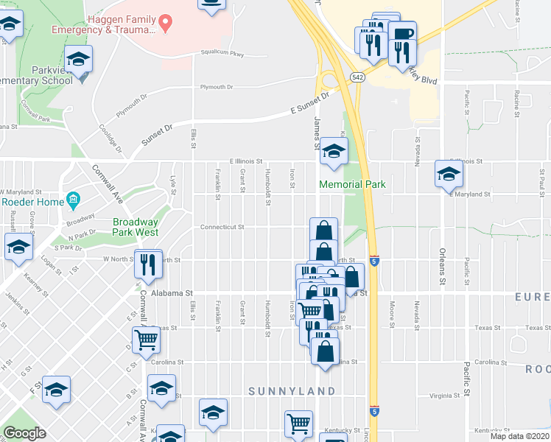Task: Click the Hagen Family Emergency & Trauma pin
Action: [166, 23]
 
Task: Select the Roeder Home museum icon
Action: [73, 200]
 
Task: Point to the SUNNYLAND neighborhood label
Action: [292, 390]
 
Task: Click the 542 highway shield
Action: [357, 76]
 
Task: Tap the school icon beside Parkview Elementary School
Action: [78, 60]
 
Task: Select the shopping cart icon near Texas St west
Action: [147, 340]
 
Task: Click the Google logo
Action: [25, 432]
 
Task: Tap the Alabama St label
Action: [172, 292]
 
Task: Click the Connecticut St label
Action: [222, 227]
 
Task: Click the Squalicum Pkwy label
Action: [222, 53]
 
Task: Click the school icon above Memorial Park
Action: [334, 151]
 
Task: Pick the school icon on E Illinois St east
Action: [448, 174]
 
